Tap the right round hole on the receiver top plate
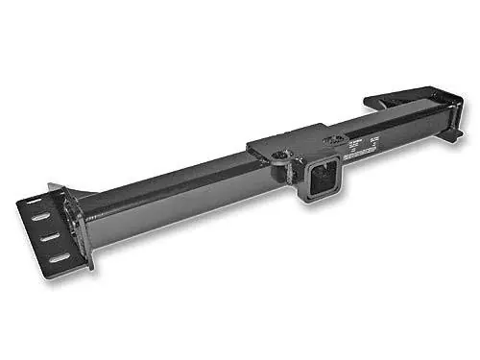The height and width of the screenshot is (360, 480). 334,139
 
